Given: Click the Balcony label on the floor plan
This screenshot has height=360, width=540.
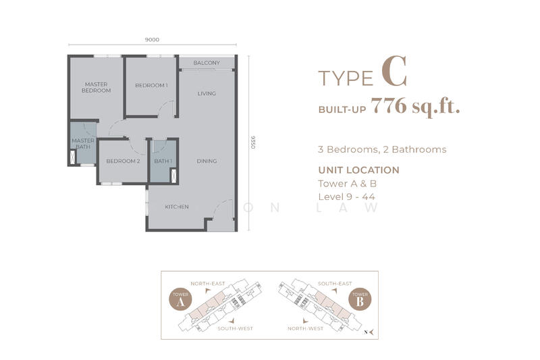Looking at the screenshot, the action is click(207, 63).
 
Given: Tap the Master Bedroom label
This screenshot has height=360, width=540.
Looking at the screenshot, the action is click(96, 87).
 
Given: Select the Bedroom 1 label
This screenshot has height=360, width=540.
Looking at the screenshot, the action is click(151, 85).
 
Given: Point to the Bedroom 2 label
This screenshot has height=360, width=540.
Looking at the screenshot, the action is click(123, 161).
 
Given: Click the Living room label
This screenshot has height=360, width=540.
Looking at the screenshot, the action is click(207, 93).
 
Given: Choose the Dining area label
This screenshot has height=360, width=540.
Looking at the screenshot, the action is click(207, 161).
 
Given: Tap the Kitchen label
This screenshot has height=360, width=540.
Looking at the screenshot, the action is click(177, 207).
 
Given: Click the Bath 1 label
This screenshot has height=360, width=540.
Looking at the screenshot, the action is click(163, 161).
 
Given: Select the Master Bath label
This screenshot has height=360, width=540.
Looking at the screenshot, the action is click(83, 144).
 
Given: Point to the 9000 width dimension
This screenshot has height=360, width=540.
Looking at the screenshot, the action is click(152, 40).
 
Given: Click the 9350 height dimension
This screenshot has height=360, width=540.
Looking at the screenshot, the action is click(252, 143).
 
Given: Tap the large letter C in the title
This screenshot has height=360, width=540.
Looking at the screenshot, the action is click(394, 72).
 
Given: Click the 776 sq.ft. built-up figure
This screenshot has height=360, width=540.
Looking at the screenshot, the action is click(415, 106).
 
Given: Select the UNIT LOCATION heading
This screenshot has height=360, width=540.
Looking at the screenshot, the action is click(359, 170).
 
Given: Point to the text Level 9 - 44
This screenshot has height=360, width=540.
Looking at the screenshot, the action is click(346, 197).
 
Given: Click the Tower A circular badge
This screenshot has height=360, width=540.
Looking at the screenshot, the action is click(180, 299).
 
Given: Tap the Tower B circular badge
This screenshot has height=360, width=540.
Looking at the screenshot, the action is click(360, 299).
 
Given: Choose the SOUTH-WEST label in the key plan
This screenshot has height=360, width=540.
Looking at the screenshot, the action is click(235, 329).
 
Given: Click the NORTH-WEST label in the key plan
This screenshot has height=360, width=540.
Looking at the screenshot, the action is click(306, 329).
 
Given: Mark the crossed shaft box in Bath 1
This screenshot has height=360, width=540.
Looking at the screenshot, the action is click(173, 176).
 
